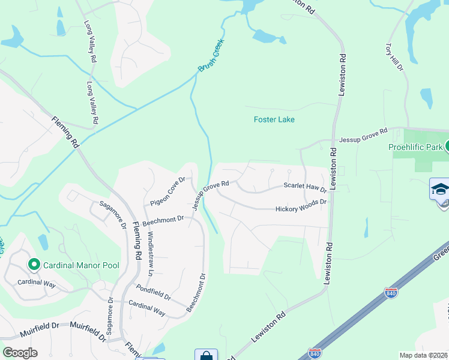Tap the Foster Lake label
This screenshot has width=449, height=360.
pos(274,119)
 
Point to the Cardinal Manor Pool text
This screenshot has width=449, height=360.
pos(81,265)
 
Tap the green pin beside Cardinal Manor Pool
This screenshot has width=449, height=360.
pos(34,264)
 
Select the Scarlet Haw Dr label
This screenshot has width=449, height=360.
pos(305,188)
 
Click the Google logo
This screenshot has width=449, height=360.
pos(20,353)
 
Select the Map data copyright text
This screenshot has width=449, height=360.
pos(424,355)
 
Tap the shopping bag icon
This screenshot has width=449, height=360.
pos(206,355)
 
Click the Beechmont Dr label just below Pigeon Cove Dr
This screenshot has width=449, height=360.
pos(163,220)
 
